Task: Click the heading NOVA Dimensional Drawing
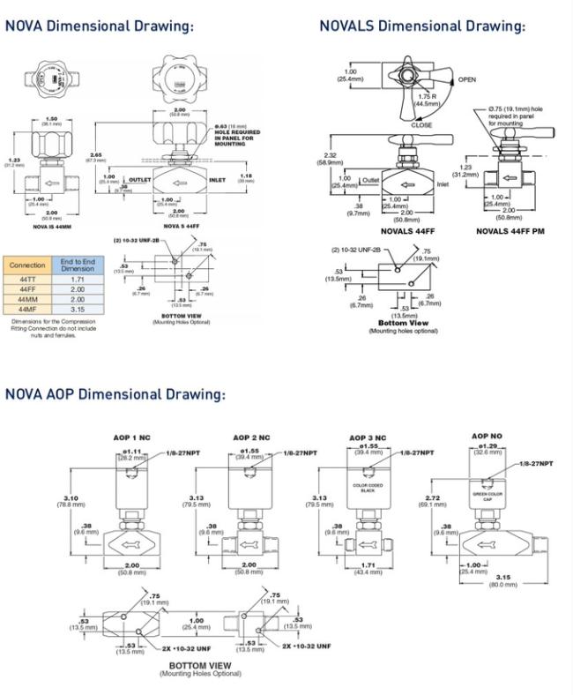tap(99, 26)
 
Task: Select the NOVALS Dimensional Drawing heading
tap(421, 26)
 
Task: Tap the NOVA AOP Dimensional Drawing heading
tap(115, 393)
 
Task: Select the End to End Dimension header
tap(78, 264)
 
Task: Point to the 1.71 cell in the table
tap(78, 278)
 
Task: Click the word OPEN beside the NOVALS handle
tap(467, 79)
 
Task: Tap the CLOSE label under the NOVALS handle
tap(422, 125)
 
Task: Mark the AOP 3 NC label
tap(367, 437)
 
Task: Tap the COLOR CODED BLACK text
tap(367, 488)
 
